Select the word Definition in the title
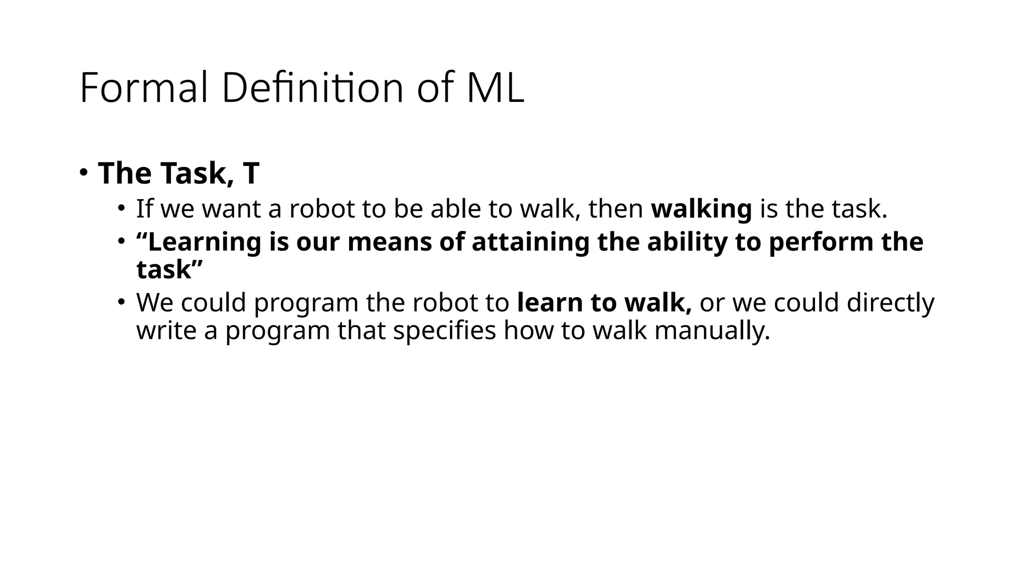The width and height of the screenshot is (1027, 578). (312, 88)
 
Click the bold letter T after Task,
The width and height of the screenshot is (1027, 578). (251, 173)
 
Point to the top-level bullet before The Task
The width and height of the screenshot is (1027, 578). (83, 172)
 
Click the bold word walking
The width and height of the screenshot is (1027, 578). (701, 209)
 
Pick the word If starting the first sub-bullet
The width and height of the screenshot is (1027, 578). (144, 209)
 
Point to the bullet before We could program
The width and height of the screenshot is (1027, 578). (121, 302)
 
